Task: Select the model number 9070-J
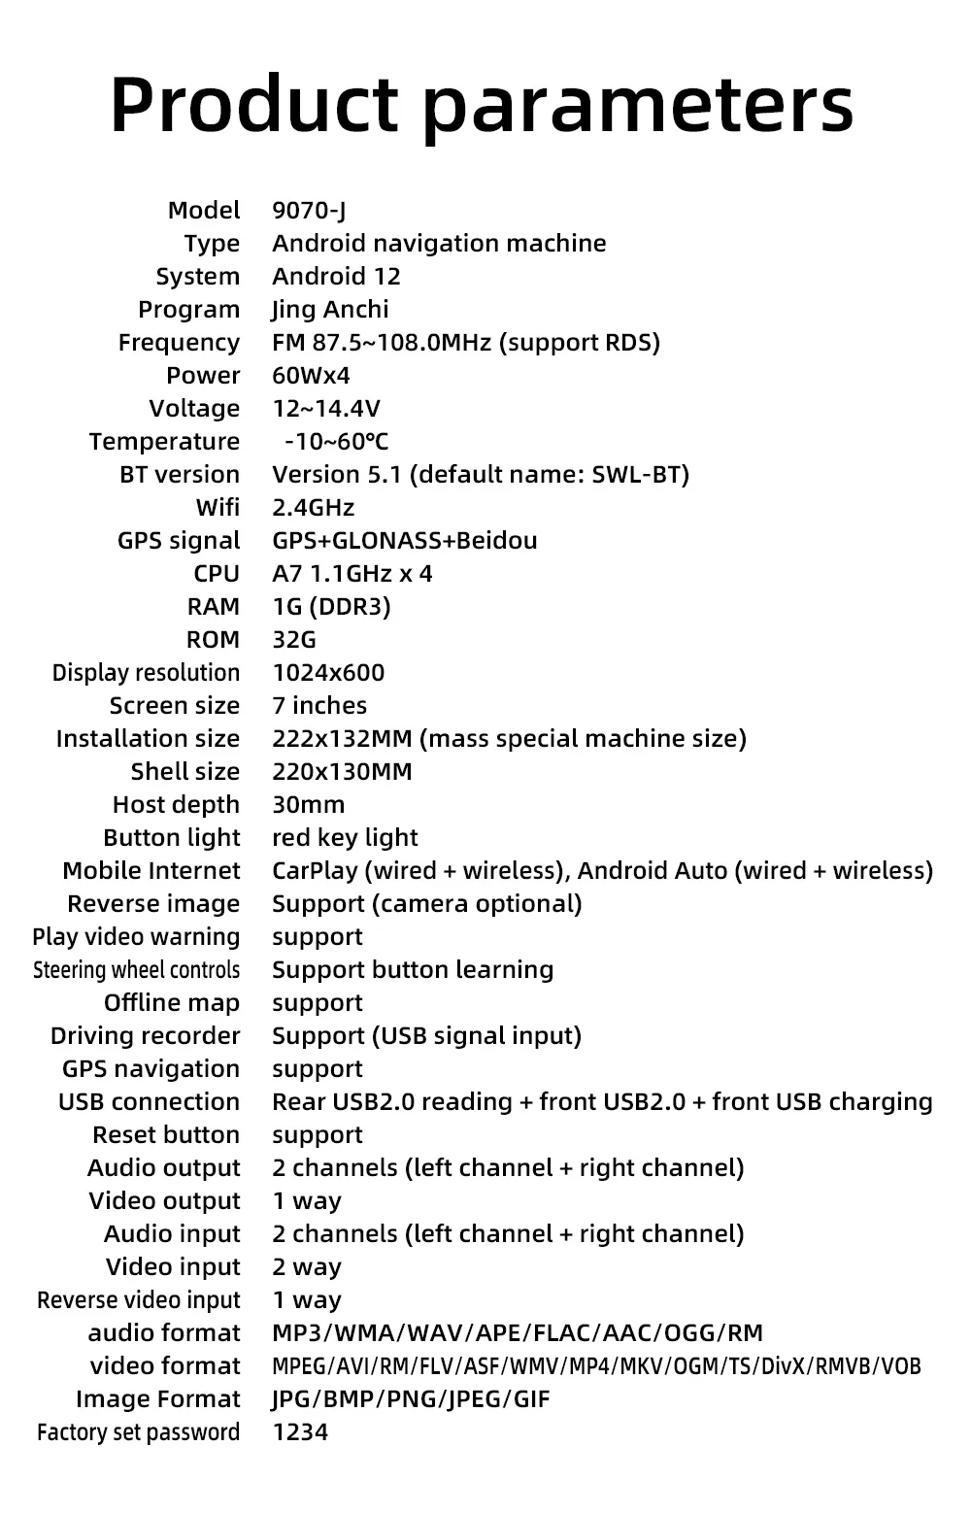click(309, 211)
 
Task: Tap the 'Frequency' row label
click(179, 343)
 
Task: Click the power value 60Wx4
click(311, 376)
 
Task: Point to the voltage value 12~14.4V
click(326, 409)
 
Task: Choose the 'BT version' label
click(180, 475)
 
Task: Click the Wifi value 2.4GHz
click(313, 508)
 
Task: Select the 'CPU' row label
click(217, 574)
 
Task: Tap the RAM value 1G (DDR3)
click(331, 607)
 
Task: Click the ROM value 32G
click(294, 640)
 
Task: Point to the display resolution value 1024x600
click(328, 673)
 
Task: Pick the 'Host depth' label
click(176, 805)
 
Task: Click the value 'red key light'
click(345, 838)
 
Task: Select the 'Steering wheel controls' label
click(136, 970)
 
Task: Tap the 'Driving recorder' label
click(145, 1036)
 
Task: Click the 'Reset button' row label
click(166, 1135)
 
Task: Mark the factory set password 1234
click(300, 1432)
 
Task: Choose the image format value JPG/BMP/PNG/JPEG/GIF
click(411, 1399)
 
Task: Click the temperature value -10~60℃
click(336, 442)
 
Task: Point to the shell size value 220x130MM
click(342, 772)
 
